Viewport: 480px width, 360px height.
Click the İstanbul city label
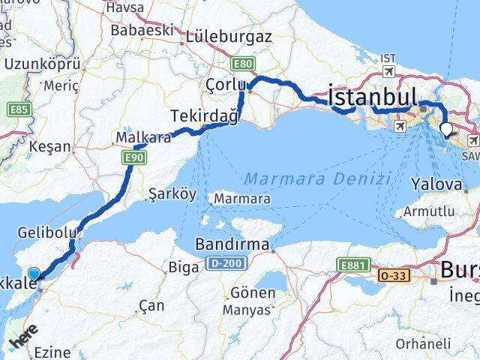[x=372, y=97]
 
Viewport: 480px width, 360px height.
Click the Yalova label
[x=436, y=184]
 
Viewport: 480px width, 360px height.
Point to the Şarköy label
[x=172, y=193]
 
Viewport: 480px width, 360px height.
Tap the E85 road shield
[x=18, y=110]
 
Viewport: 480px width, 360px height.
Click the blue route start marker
[x=34, y=274]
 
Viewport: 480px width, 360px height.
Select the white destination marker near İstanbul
[x=447, y=129]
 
